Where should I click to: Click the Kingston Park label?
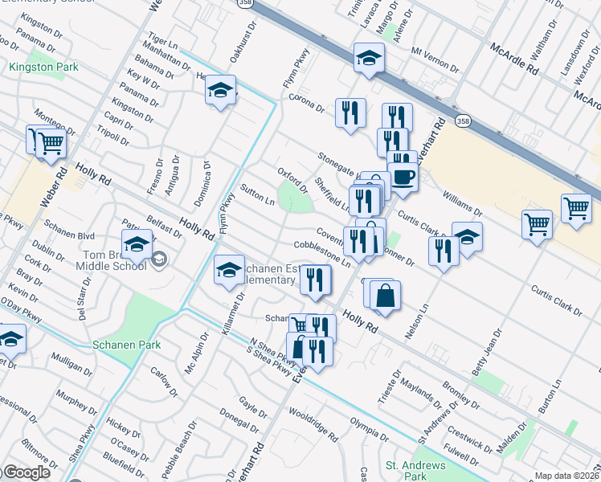click(x=43, y=67)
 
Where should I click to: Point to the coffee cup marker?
click(x=403, y=177)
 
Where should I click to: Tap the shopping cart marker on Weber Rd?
click(x=51, y=144)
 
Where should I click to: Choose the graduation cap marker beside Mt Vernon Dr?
click(x=369, y=58)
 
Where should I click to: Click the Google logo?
click(x=26, y=472)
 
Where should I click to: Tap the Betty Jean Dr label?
click(x=491, y=346)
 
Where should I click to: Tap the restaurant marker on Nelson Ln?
click(x=444, y=251)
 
